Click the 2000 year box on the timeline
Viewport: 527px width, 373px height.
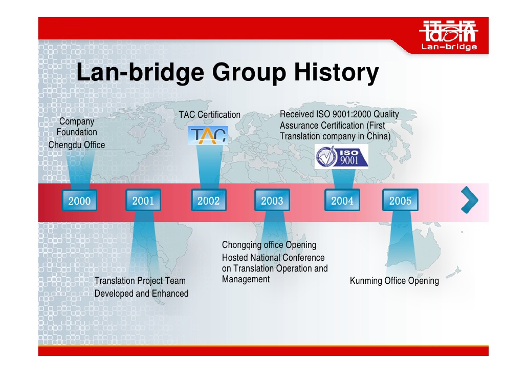click(79, 200)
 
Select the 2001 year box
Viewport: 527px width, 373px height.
click(143, 200)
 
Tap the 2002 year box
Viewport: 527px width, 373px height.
click(208, 200)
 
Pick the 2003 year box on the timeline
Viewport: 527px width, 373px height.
click(272, 200)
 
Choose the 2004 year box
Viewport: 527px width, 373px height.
click(342, 200)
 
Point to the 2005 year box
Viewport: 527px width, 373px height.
click(400, 200)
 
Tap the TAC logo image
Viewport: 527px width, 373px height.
click(208, 135)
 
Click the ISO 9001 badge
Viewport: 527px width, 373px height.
click(341, 157)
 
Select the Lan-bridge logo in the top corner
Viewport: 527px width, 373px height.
click(449, 35)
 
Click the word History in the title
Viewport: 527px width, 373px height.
click(337, 72)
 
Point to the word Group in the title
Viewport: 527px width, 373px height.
click(249, 72)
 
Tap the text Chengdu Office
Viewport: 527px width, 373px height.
click(77, 145)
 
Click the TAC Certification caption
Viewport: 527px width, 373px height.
click(209, 114)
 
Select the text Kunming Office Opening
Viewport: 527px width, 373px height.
click(394, 281)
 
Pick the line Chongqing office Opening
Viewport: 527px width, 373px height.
click(269, 245)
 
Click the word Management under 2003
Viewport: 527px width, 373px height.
click(246, 279)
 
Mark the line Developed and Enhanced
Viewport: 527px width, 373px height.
click(142, 294)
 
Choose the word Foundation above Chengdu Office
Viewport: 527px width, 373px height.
click(77, 132)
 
